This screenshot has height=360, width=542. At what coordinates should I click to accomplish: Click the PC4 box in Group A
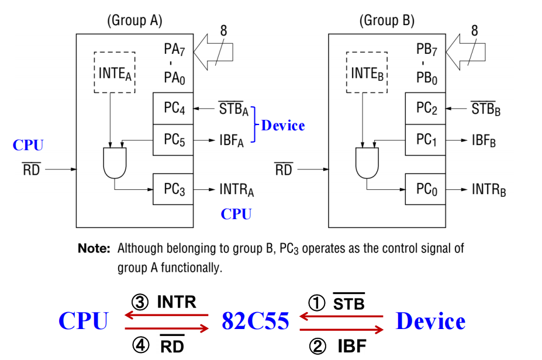tap(173, 109)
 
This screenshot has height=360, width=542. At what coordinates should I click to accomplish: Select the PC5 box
tap(173, 140)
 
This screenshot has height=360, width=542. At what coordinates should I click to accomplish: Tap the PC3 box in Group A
tap(173, 189)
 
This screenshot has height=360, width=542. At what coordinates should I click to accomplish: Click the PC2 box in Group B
tap(425, 109)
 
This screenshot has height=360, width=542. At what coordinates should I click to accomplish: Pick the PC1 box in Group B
tap(425, 140)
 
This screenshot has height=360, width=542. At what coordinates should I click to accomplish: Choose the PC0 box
tap(425, 189)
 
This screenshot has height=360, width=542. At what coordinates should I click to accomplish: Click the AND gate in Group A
tap(114, 162)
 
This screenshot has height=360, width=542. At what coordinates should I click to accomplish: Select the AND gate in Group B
tap(367, 162)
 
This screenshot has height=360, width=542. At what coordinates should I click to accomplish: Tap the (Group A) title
tap(134, 21)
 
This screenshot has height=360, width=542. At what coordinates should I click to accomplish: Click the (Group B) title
tap(386, 21)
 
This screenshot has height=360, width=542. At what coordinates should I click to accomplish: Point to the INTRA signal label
tap(236, 190)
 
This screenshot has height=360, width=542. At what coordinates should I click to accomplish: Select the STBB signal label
tap(486, 109)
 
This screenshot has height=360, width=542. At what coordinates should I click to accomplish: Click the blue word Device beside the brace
tap(283, 125)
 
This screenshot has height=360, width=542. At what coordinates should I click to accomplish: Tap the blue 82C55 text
tap(256, 321)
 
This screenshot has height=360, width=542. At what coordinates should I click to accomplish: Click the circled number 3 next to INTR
tap(141, 302)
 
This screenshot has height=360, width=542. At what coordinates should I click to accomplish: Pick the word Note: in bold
tap(94, 248)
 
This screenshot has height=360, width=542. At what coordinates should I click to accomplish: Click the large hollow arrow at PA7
tap(215, 51)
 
